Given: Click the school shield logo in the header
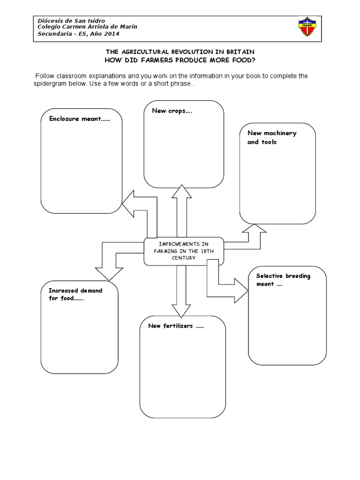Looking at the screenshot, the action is [x=307, y=27].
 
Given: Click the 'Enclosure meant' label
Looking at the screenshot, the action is [x=80, y=119].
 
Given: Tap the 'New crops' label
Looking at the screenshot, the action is [x=172, y=111].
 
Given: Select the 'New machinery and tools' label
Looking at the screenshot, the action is [x=272, y=137].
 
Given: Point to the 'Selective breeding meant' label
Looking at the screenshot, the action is [x=283, y=280].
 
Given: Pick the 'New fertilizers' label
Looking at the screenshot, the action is [x=176, y=326].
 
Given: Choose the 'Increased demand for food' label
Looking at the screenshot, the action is [x=75, y=294].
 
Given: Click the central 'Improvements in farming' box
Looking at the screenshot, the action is [x=184, y=251].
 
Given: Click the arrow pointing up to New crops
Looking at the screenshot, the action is [x=182, y=211].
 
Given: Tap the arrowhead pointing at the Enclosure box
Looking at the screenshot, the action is [x=128, y=203].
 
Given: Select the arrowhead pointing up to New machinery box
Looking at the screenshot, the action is [x=254, y=228].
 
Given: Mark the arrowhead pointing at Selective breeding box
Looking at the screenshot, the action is [x=241, y=291].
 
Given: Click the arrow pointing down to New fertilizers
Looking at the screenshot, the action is [x=181, y=291].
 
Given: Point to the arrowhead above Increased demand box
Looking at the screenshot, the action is [x=109, y=274].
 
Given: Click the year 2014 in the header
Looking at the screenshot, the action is [x=112, y=34].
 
